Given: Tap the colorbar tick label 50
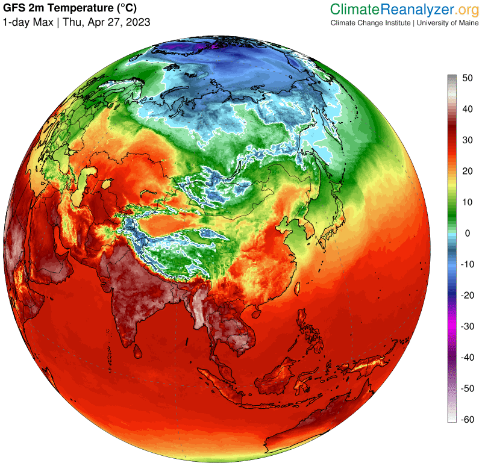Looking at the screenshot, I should click(x=468, y=78).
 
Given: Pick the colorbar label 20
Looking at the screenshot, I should click(x=468, y=171).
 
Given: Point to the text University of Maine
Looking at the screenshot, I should click(x=443, y=23).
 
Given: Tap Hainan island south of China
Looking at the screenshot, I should click(x=255, y=312).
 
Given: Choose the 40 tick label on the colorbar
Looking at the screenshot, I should click(x=468, y=109).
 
